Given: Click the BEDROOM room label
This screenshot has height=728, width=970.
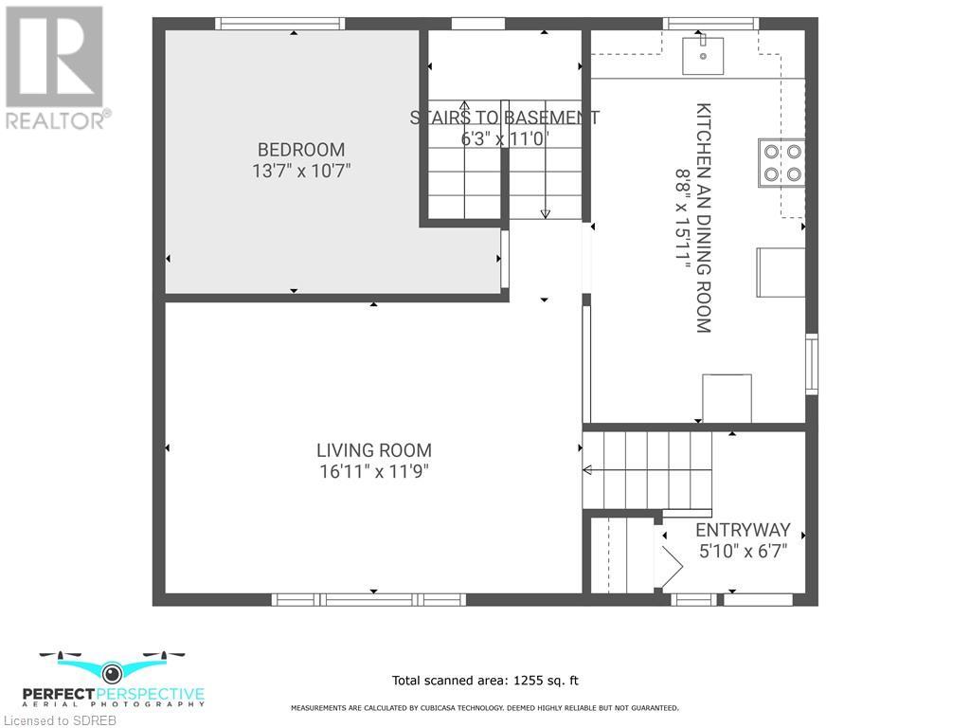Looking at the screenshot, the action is tap(301, 150).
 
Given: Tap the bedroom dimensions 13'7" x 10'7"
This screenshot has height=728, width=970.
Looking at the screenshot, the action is tap(301, 171).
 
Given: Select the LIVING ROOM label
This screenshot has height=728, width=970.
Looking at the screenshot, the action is tap(374, 450).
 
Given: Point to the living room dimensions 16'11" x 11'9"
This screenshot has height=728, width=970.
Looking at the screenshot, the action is tap(374, 472).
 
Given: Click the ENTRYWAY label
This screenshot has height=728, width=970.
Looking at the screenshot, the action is tap(743, 531).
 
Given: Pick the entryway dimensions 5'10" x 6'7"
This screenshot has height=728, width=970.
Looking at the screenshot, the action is tap(743, 551).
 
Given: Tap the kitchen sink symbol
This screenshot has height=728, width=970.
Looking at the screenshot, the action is tap(703, 56).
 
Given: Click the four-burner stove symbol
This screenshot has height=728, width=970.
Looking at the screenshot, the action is tap(781, 163).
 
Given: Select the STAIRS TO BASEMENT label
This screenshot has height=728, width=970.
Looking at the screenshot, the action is tap(504, 118).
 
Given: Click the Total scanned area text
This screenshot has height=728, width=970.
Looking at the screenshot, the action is tap(486, 681).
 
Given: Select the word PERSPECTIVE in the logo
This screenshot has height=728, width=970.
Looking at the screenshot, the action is tap(151, 695).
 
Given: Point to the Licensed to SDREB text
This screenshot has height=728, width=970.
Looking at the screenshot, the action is tap(59, 720).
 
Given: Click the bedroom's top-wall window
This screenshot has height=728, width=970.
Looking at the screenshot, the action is tap(280, 24).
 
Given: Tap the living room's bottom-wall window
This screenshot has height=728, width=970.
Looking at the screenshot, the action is tap(368, 599).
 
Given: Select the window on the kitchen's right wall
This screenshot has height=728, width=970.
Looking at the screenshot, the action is tap(812, 364).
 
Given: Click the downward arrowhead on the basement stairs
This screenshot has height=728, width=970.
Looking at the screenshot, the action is tap(545, 214).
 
